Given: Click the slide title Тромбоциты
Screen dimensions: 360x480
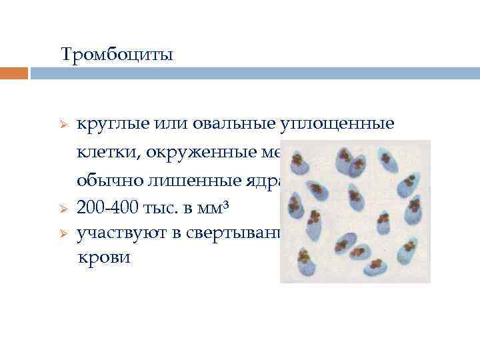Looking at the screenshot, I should tap(117, 54).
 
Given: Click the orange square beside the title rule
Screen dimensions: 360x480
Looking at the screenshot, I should tap(14, 73).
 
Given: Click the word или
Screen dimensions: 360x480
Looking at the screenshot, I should tap(175, 125).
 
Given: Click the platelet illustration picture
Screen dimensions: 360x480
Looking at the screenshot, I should tap(355, 211).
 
